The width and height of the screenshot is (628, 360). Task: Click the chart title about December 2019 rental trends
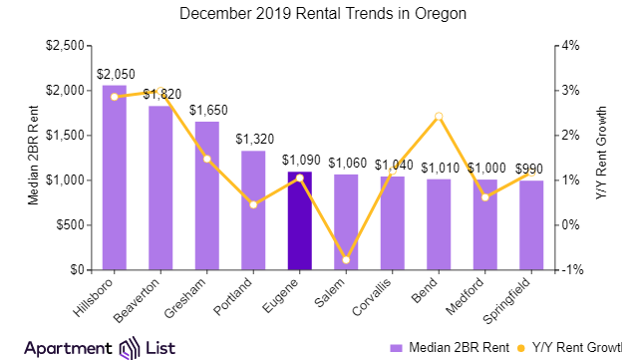click(313, 15)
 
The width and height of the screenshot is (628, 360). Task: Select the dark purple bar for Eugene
click(299, 220)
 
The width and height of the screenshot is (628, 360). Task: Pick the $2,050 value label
click(115, 73)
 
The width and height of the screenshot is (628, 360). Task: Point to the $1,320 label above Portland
click(253, 139)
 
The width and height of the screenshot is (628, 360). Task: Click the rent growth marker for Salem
click(346, 260)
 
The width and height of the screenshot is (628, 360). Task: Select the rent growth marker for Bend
click(439, 117)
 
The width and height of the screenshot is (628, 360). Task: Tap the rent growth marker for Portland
click(253, 204)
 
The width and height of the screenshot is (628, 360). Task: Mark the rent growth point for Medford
click(484, 197)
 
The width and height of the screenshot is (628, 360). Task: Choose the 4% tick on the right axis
click(569, 46)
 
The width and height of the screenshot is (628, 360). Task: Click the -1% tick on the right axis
click(569, 270)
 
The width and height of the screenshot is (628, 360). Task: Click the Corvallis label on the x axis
click(379, 298)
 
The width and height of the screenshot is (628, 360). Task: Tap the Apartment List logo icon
click(130, 347)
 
